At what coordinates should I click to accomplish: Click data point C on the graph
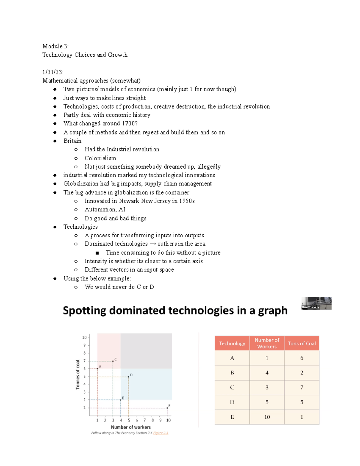tap(113, 361)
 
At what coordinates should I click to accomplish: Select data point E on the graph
tap(167, 408)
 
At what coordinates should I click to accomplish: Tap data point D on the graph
tap(128, 377)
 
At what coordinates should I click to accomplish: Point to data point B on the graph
tap(121, 400)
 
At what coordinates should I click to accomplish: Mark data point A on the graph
tap(97, 368)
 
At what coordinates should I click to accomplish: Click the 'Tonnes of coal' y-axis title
tap(78, 374)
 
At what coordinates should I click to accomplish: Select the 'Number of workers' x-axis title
tap(131, 427)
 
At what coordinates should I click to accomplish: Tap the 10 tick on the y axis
tap(85, 338)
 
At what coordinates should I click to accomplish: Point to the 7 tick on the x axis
tap(145, 420)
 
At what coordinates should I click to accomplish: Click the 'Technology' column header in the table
tap(232, 344)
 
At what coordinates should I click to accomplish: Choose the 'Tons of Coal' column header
tap(301, 344)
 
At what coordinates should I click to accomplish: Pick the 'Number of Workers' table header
tap(267, 343)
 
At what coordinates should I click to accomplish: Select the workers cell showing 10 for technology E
tap(267, 417)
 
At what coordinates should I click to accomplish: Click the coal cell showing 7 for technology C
tap(301, 387)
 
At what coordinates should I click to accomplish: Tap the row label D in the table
tap(232, 402)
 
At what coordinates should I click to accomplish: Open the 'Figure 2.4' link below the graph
tap(161, 433)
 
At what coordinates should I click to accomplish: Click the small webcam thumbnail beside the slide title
tap(316, 303)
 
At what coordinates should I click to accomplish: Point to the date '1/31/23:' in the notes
tap(53, 72)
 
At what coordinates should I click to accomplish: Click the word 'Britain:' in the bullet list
tap(73, 141)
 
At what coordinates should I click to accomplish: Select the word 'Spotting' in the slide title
tap(84, 311)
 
